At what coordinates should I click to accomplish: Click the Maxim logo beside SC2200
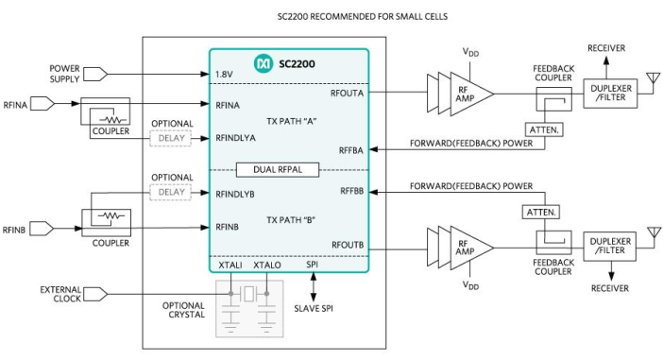(x=263, y=63)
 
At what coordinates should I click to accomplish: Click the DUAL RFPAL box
(x=278, y=170)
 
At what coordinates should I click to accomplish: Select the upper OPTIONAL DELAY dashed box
(x=171, y=138)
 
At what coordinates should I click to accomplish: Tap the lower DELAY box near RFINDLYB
(x=171, y=192)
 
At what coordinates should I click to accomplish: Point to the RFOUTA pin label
(x=347, y=93)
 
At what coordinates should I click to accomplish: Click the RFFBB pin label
(x=351, y=191)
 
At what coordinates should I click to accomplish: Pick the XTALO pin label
(x=267, y=266)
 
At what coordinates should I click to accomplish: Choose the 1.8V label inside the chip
(x=224, y=75)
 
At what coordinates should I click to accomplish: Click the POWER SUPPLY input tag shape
(x=95, y=74)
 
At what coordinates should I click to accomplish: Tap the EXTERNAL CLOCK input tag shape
(x=95, y=294)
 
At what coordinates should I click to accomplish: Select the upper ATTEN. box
(x=544, y=129)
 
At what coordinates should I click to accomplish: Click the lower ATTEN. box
(x=541, y=212)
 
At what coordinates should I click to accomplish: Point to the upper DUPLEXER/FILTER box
(x=610, y=93)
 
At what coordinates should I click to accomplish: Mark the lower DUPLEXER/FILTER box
(x=609, y=247)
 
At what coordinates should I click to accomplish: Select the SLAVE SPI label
(x=314, y=309)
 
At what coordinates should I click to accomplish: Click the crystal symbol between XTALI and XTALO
(x=248, y=294)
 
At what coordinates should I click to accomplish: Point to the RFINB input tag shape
(x=42, y=229)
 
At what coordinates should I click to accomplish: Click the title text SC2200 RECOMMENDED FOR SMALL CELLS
(x=363, y=16)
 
